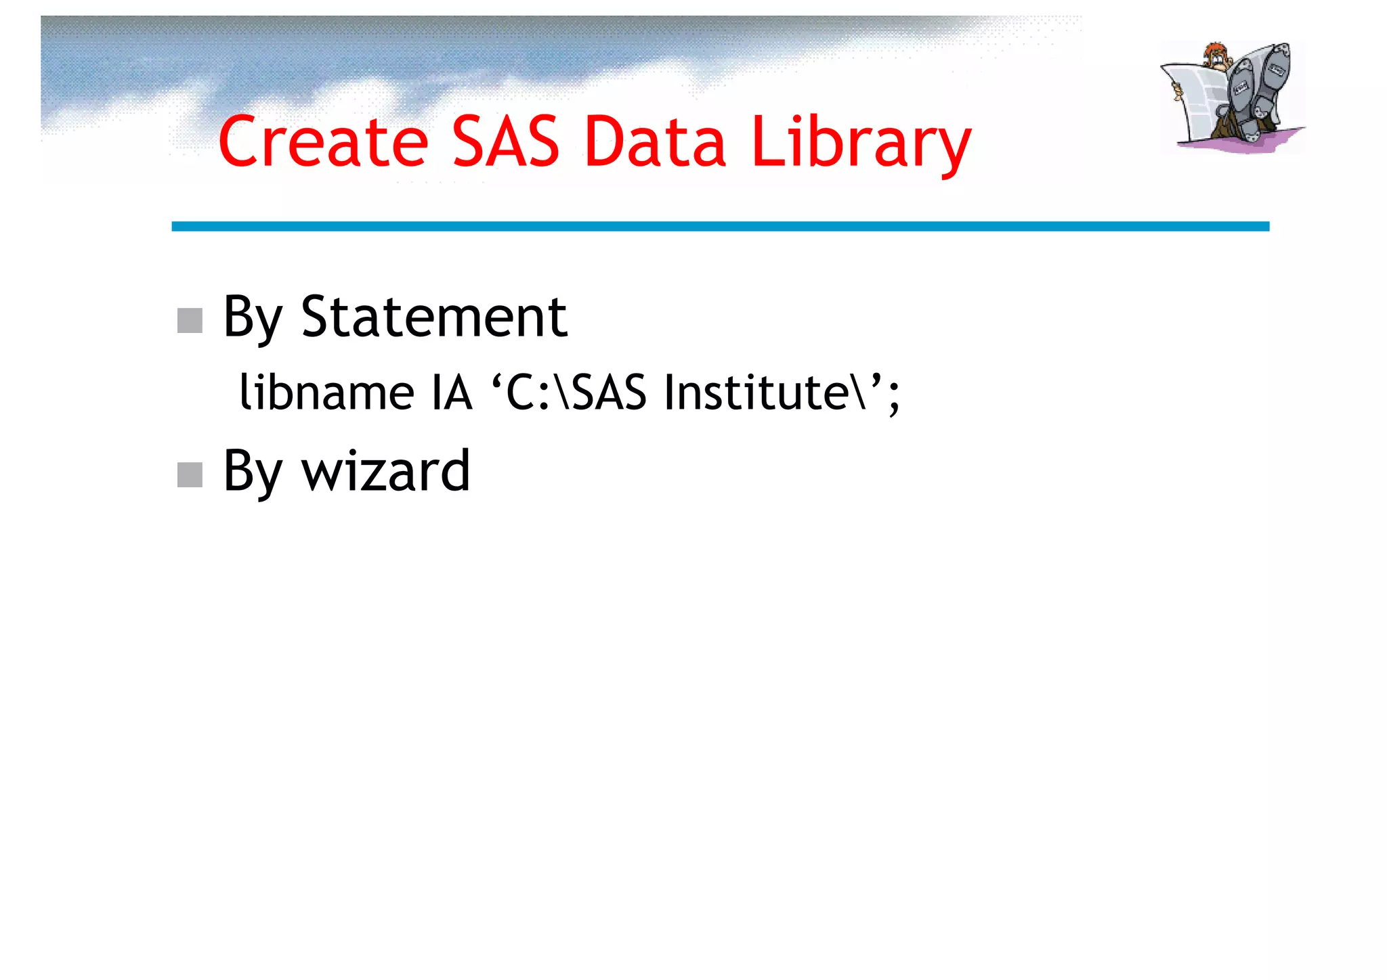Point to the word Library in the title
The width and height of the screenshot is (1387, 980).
[x=861, y=143]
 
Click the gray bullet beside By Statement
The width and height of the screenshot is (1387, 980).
[x=190, y=320]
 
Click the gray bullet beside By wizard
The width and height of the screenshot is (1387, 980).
[x=190, y=474]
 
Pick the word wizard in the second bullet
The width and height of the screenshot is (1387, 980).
[x=385, y=471]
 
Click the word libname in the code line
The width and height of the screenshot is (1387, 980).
[x=326, y=393]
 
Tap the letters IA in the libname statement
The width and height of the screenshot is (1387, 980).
[x=452, y=393]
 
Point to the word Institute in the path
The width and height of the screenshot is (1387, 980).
[x=756, y=393]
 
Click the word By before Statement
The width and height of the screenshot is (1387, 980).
[x=252, y=318]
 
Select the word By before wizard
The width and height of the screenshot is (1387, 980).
[x=252, y=472]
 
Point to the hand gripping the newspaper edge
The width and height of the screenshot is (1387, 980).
[x=1177, y=91]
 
